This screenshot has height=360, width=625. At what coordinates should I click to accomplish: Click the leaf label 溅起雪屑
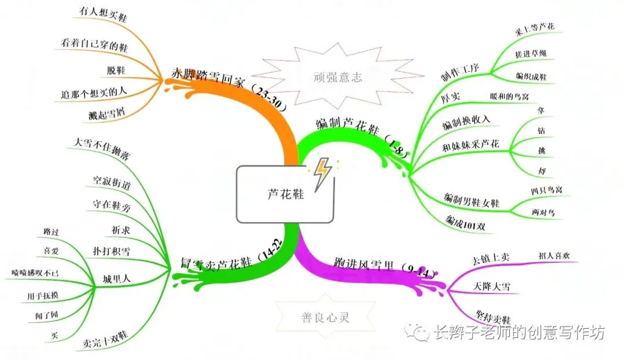[104, 112]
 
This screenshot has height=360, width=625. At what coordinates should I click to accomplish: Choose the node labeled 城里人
[116, 278]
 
